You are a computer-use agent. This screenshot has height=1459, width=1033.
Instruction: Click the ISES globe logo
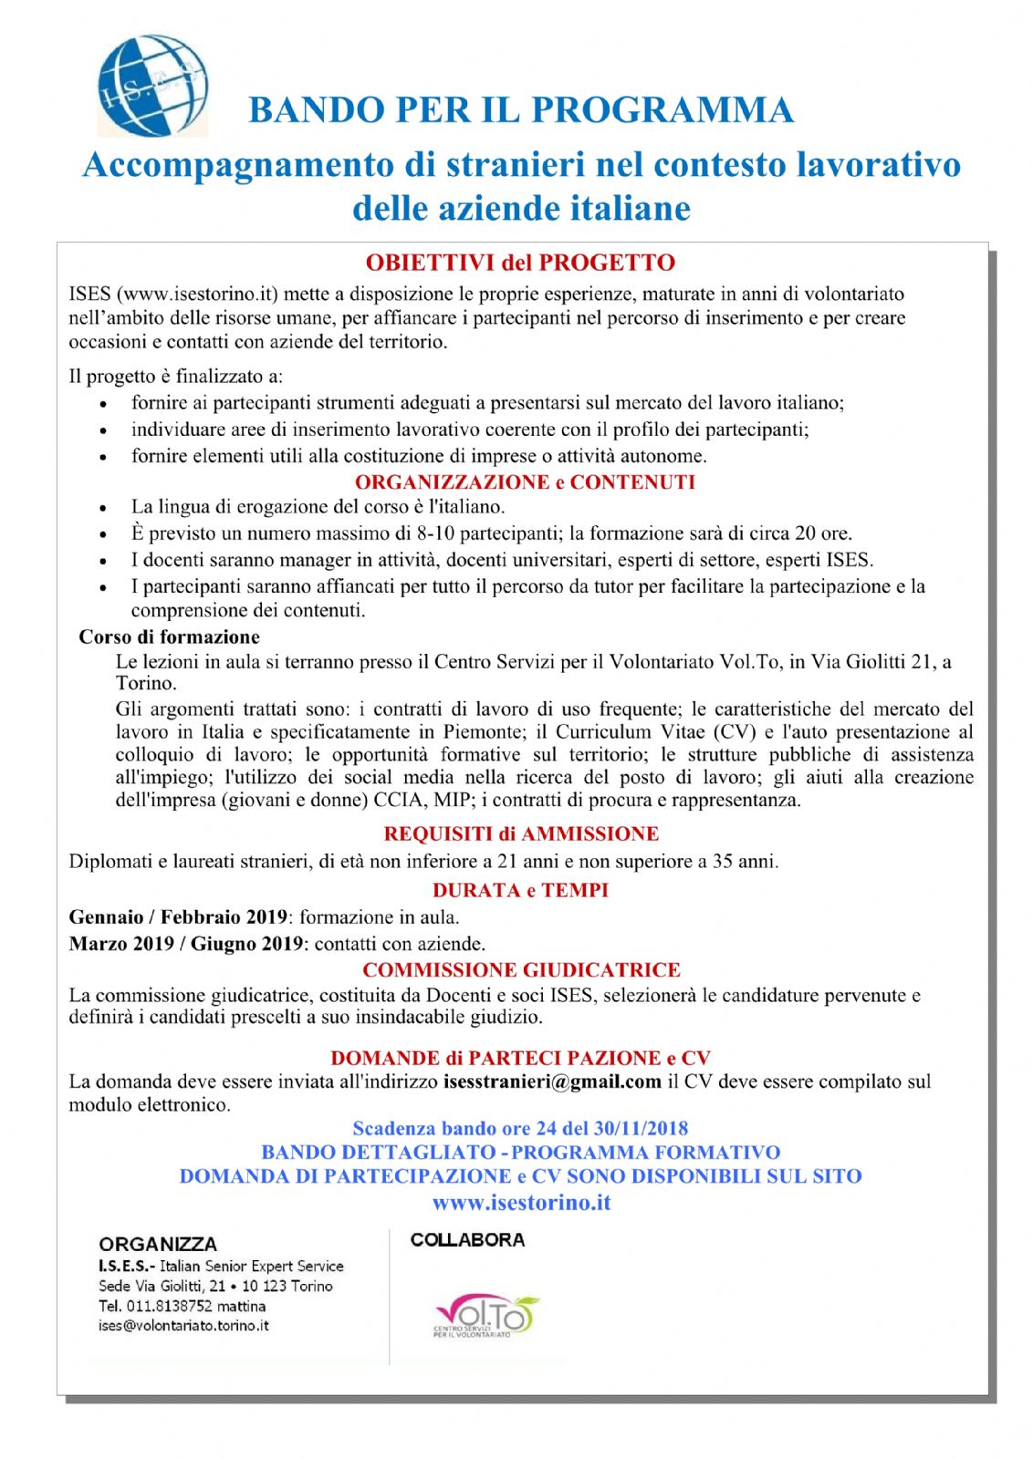[152, 86]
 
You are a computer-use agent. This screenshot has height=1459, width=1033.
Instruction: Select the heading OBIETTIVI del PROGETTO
[520, 263]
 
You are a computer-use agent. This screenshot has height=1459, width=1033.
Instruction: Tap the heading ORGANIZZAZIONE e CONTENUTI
[525, 481]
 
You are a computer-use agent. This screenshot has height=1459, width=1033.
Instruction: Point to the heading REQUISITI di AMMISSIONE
[521, 833]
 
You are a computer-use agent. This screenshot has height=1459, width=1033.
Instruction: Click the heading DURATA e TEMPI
[520, 890]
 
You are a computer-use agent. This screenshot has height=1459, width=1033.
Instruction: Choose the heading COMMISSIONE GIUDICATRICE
[521, 969]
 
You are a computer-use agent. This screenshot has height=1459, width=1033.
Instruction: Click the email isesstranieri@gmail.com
[552, 1081]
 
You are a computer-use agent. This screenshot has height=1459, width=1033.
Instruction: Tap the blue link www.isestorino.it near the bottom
[521, 1202]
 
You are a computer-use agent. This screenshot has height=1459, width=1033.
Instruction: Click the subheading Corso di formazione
[169, 636]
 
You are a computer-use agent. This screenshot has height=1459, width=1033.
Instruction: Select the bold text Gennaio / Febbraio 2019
[178, 916]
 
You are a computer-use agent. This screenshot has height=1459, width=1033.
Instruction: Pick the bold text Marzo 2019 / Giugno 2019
[186, 943]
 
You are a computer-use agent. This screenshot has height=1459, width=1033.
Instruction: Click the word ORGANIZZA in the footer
[158, 1244]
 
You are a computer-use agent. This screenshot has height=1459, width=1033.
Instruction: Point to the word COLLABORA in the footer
[467, 1240]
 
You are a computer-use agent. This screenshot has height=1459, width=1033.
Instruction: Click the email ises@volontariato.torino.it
[183, 1326]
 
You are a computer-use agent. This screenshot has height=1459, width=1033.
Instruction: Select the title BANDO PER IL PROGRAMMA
[520, 109]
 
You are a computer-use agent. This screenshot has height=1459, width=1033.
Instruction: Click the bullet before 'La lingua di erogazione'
[104, 508]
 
